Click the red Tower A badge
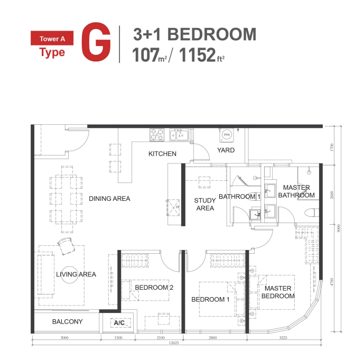click(52, 38)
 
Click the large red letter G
click(96, 42)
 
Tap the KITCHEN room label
click(162, 154)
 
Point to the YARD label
click(226, 150)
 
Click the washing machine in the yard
click(227, 135)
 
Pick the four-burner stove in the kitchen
click(157, 135)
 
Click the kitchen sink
click(179, 135)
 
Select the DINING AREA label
click(109, 199)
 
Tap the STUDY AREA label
click(205, 205)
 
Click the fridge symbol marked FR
click(173, 208)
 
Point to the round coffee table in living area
click(69, 275)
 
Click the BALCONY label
click(67, 321)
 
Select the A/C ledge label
click(119, 322)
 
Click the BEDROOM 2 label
click(154, 288)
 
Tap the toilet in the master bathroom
click(311, 213)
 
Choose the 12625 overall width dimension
click(174, 343)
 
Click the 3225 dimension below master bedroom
click(283, 337)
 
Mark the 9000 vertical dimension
click(339, 228)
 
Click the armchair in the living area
click(66, 246)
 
